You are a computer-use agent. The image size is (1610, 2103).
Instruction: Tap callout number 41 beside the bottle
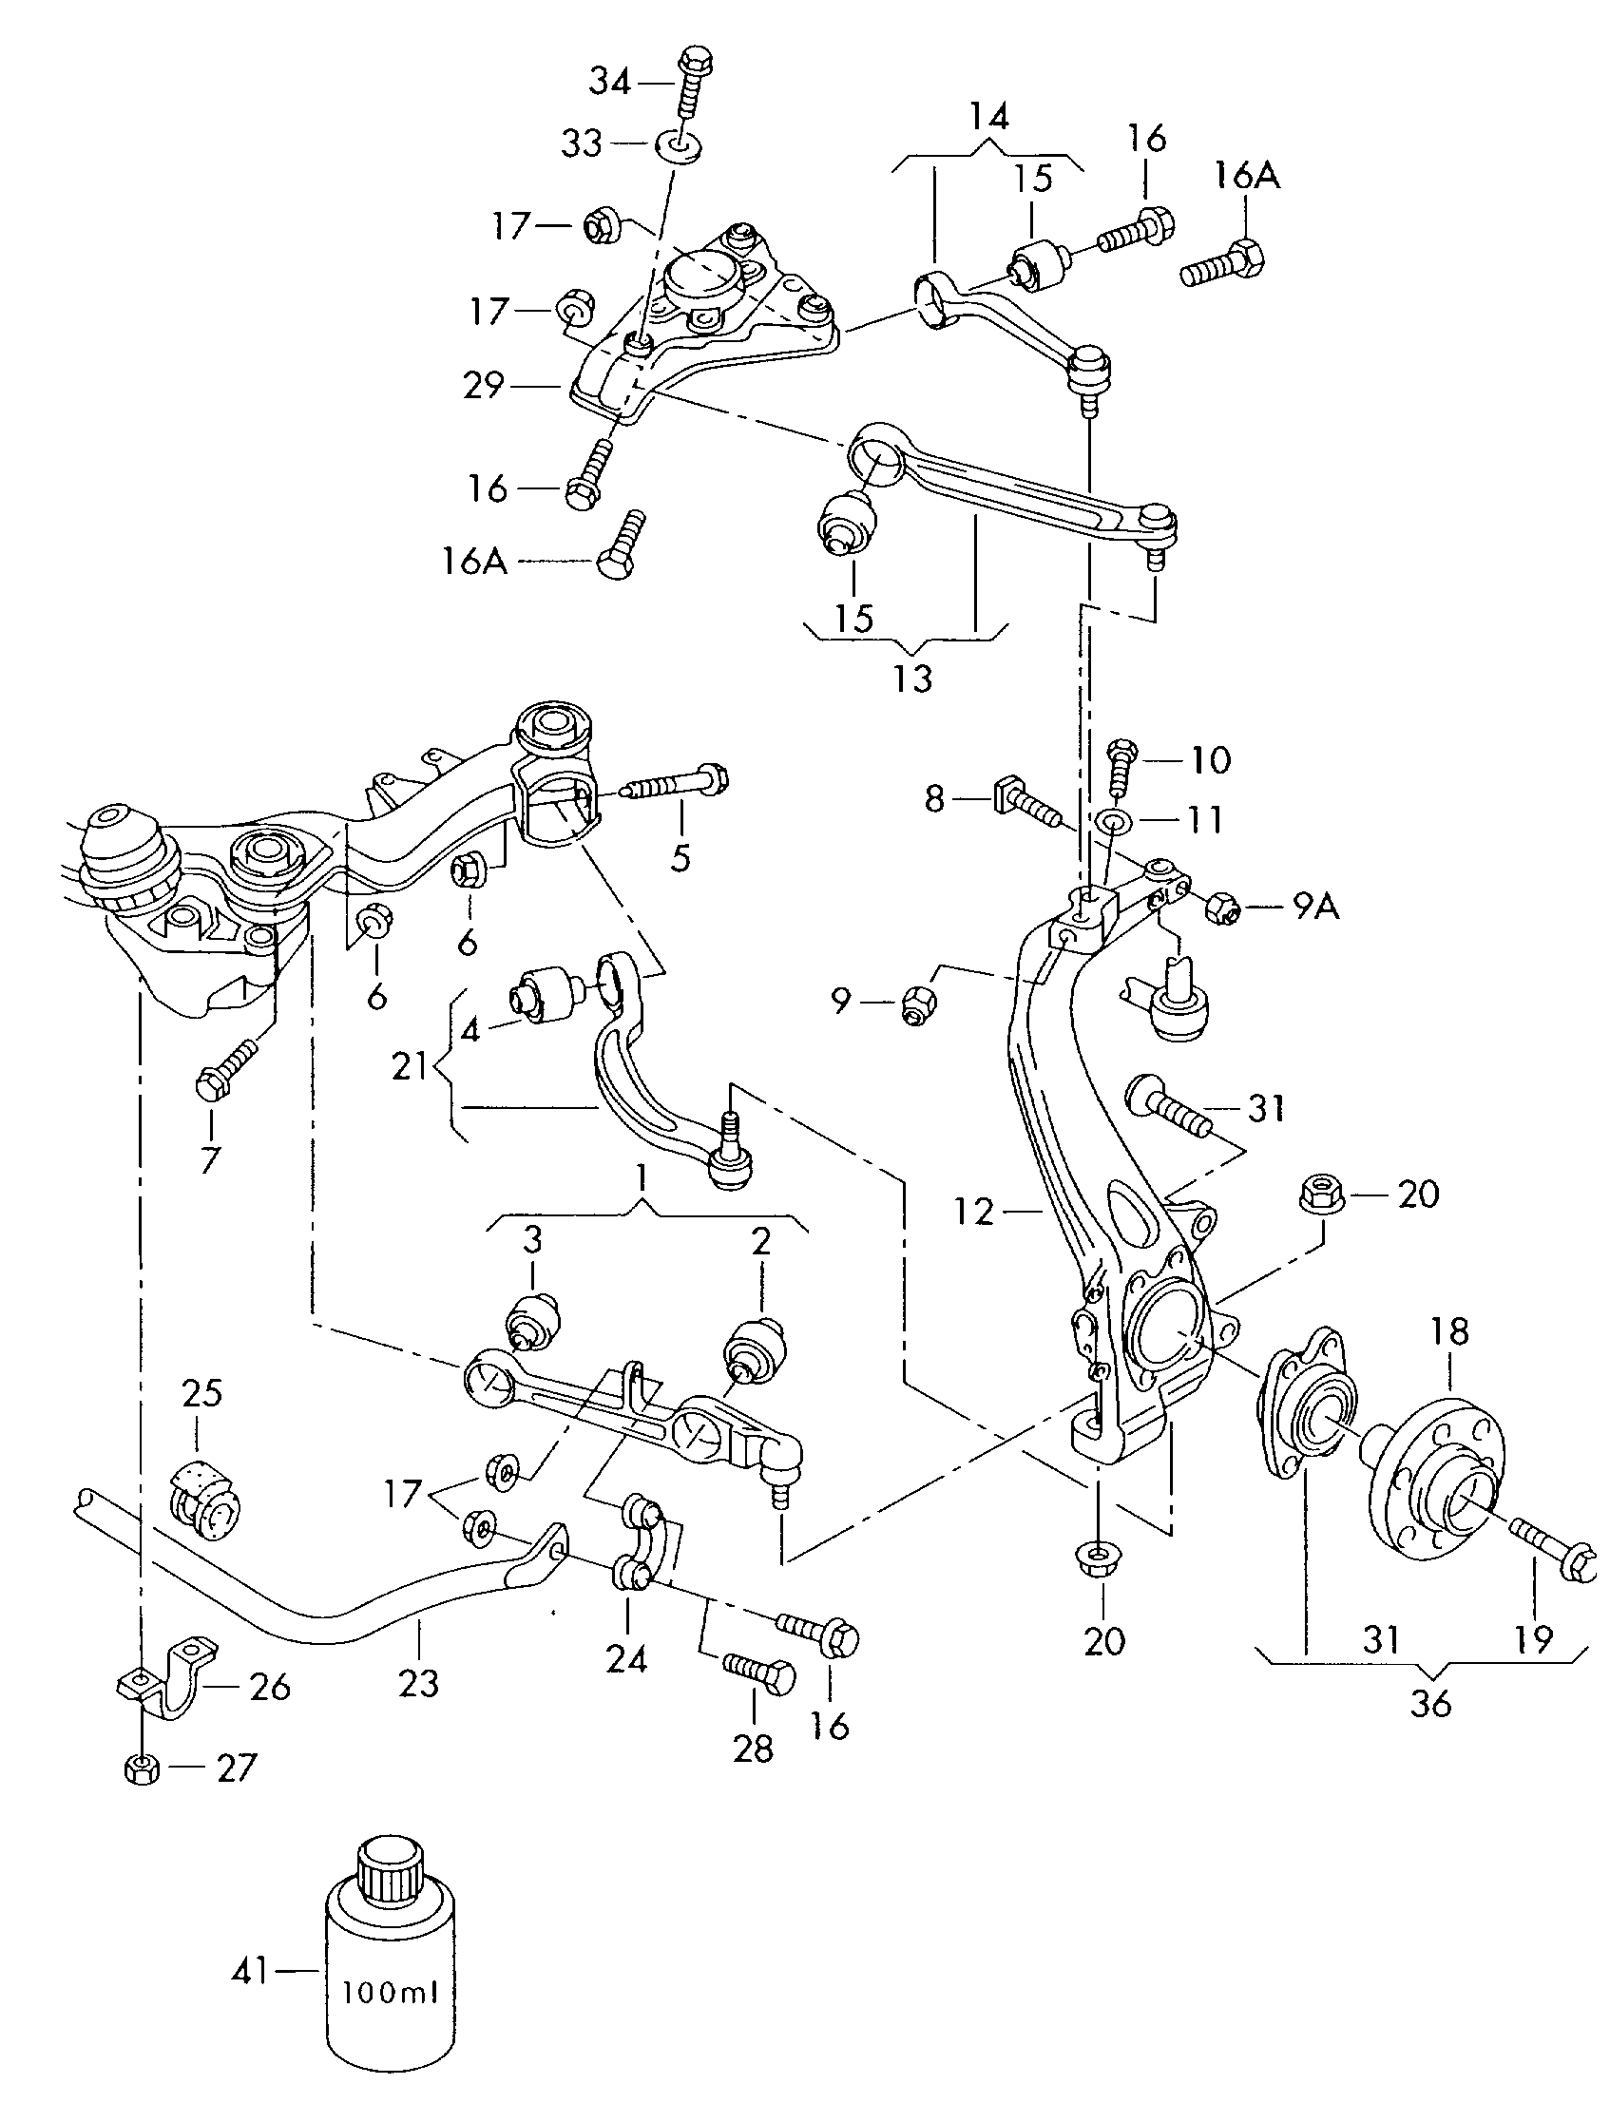click(x=251, y=1972)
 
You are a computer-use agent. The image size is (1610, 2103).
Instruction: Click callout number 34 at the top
click(x=609, y=83)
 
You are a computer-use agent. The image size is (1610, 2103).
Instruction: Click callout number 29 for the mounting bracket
click(x=483, y=385)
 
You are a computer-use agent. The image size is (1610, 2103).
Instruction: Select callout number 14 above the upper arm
click(x=989, y=117)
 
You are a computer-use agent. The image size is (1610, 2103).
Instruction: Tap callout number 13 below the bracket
click(x=912, y=679)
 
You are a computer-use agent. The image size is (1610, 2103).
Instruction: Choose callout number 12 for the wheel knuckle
click(x=973, y=1212)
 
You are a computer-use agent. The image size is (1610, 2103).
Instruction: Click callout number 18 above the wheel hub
click(x=1449, y=1330)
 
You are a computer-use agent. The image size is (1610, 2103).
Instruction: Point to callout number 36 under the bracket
click(x=1429, y=1705)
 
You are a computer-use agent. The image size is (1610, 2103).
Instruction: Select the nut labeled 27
click(x=141, y=1766)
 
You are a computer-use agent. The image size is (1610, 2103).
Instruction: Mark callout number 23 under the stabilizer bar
click(x=418, y=1683)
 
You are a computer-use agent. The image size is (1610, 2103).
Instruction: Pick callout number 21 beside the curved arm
click(x=410, y=1065)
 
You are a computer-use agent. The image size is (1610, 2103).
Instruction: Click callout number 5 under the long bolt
click(x=680, y=858)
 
